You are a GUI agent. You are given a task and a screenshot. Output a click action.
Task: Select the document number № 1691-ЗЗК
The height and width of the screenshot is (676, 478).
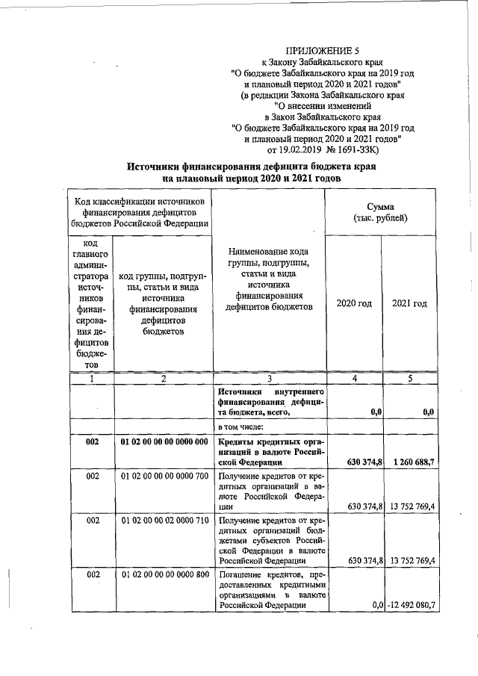[x=372, y=149]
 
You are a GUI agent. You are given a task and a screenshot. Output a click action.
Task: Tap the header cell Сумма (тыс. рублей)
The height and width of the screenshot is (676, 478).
[x=381, y=211]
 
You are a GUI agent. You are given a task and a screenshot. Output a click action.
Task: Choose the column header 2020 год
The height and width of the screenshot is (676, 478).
[x=353, y=303]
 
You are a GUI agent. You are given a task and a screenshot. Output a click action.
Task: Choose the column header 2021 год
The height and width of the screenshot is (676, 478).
[x=409, y=303]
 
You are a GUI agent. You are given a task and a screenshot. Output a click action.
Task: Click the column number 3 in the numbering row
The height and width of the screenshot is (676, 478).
[x=269, y=379]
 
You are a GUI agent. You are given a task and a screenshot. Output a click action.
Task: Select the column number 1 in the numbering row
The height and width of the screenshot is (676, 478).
[x=92, y=379]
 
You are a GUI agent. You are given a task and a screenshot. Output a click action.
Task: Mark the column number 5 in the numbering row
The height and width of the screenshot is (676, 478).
[x=409, y=379]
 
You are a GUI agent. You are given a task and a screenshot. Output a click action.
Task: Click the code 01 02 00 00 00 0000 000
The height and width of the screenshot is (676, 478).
[x=164, y=442]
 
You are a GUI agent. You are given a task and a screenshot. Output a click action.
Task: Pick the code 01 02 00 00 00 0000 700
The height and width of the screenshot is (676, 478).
[x=164, y=475]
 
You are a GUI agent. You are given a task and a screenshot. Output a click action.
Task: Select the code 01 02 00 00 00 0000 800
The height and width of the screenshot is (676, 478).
[x=164, y=576]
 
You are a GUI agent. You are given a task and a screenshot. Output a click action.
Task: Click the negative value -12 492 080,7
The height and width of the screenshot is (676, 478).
[x=411, y=605]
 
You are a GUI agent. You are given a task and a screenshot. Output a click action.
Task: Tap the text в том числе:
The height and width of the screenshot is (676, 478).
[x=239, y=427]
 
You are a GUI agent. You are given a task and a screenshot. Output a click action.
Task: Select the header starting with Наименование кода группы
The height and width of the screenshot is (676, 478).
[x=269, y=290]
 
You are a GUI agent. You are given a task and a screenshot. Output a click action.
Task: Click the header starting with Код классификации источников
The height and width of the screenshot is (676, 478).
[x=140, y=212]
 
